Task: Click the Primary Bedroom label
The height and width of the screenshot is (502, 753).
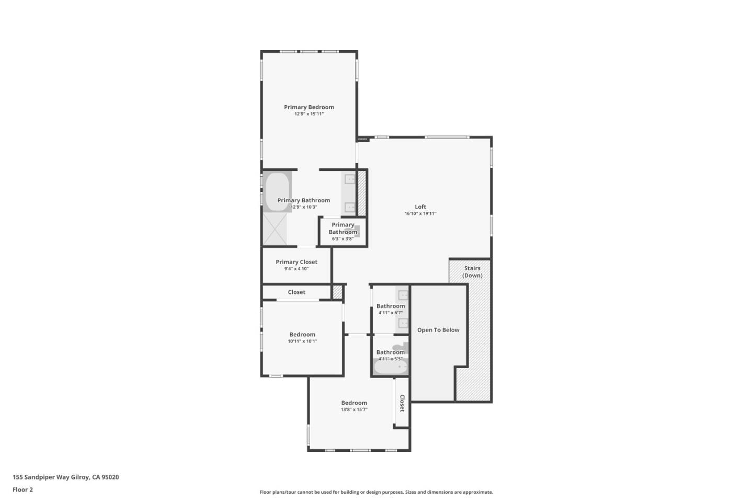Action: point(309,107)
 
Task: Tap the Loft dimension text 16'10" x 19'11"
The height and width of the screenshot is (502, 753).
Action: point(420,213)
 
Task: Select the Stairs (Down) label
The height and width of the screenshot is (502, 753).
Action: point(472,271)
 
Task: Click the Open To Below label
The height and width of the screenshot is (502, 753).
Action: point(438,330)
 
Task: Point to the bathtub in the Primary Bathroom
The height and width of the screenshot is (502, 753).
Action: point(277,191)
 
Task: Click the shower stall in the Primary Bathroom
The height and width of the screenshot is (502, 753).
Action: point(275,229)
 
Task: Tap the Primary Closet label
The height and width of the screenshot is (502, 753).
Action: point(296,262)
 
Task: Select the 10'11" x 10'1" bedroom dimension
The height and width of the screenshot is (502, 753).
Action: point(302,341)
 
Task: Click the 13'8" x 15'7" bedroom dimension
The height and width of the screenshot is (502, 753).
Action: point(354,409)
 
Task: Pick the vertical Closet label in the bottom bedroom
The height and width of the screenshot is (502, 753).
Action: point(402,403)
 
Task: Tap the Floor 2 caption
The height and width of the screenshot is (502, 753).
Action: point(22,489)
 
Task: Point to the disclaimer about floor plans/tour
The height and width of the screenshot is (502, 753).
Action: point(376,492)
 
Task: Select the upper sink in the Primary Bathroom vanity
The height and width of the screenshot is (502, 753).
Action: point(350,179)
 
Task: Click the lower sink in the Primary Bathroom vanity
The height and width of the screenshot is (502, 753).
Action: point(350,207)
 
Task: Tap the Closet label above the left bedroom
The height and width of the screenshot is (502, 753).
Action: point(296,292)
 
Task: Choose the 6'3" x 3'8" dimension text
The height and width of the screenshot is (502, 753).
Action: point(343,239)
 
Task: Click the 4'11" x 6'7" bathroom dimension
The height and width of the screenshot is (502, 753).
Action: point(390,313)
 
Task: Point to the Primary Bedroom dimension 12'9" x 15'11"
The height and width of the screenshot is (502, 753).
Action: point(309,114)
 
